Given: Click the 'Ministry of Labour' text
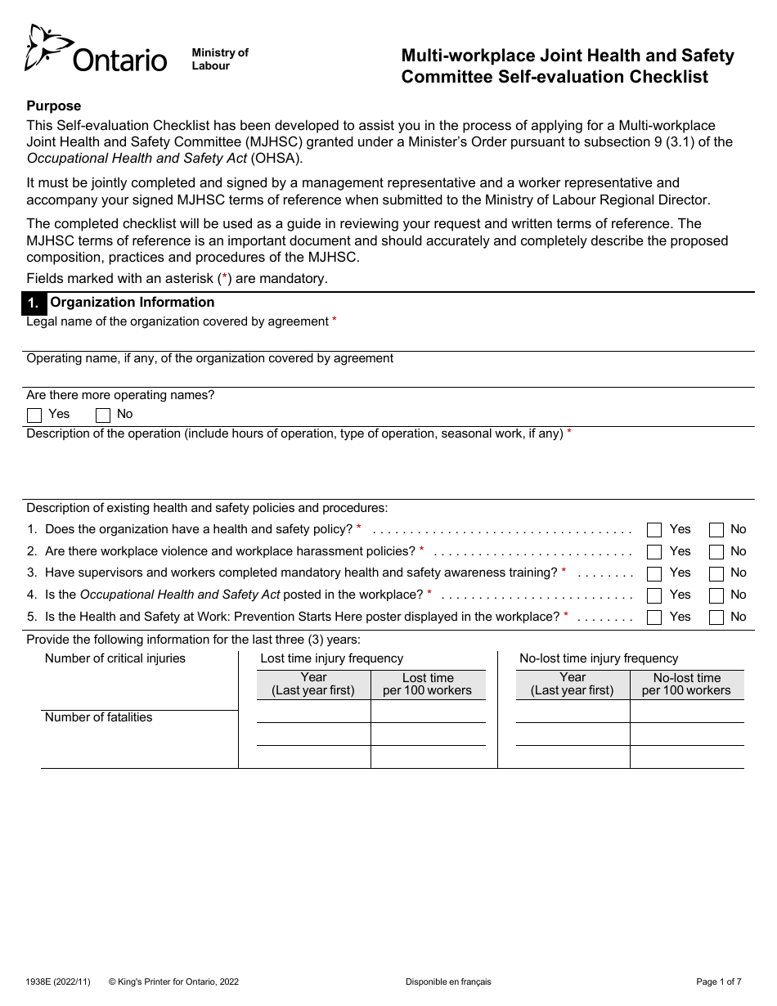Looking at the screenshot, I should click(219, 59).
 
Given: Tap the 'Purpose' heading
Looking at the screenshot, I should click(54, 106).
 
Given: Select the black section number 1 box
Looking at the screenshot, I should click(34, 303).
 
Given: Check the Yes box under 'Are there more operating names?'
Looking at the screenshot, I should click(34, 415).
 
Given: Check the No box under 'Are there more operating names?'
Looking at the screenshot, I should click(103, 415).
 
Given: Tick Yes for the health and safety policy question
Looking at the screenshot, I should click(653, 530).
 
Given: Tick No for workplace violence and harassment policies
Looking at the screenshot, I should click(716, 552).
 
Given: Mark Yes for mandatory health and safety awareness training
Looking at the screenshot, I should click(653, 573).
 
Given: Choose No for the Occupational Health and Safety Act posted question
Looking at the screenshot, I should click(716, 595).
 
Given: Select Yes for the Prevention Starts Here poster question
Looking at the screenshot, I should click(653, 618).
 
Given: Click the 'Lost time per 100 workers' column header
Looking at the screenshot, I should click(428, 684).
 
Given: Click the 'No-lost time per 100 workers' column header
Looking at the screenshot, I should click(686, 684).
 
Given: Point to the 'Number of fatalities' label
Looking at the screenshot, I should click(98, 717).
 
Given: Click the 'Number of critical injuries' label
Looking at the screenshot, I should click(115, 658).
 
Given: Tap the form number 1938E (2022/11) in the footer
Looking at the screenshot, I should click(58, 981).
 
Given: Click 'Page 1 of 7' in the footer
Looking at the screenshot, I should click(719, 981).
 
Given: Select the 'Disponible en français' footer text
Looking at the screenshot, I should click(448, 981).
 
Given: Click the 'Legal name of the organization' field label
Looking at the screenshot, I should click(177, 321).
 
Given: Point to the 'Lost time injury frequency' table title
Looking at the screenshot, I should click(331, 658).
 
